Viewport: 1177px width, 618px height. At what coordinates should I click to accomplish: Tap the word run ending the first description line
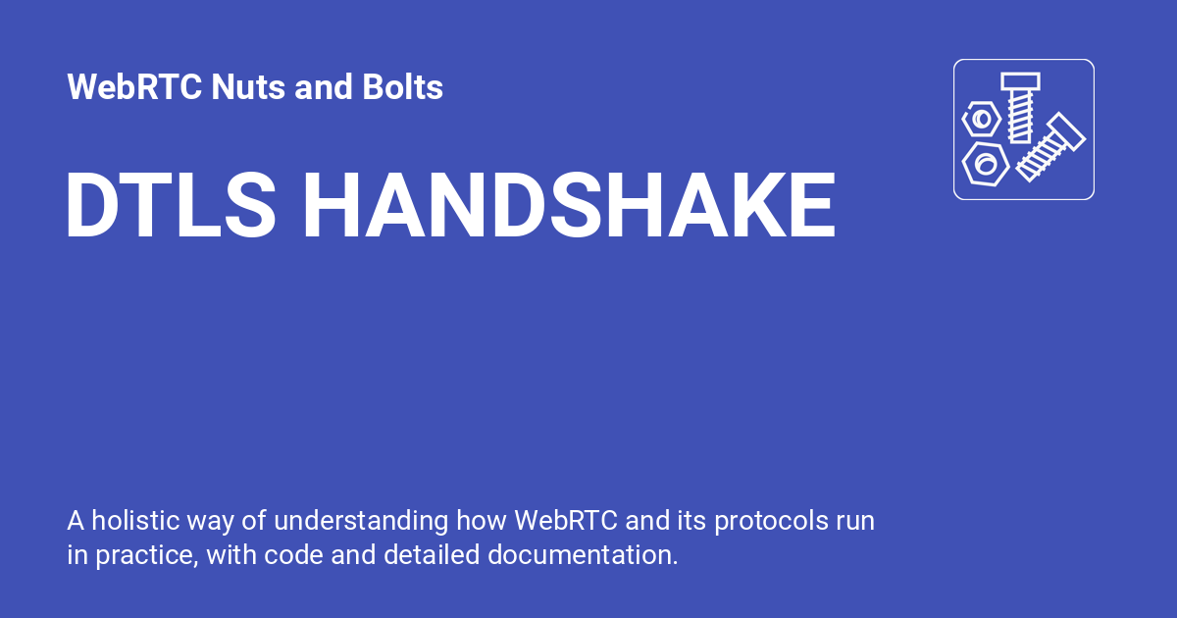click(x=855, y=520)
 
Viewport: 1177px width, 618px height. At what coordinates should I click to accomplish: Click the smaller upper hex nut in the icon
click(x=981, y=120)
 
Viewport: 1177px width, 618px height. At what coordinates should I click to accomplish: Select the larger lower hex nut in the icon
click(x=985, y=162)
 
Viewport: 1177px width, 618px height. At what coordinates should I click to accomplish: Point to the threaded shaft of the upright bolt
click(x=1020, y=118)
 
